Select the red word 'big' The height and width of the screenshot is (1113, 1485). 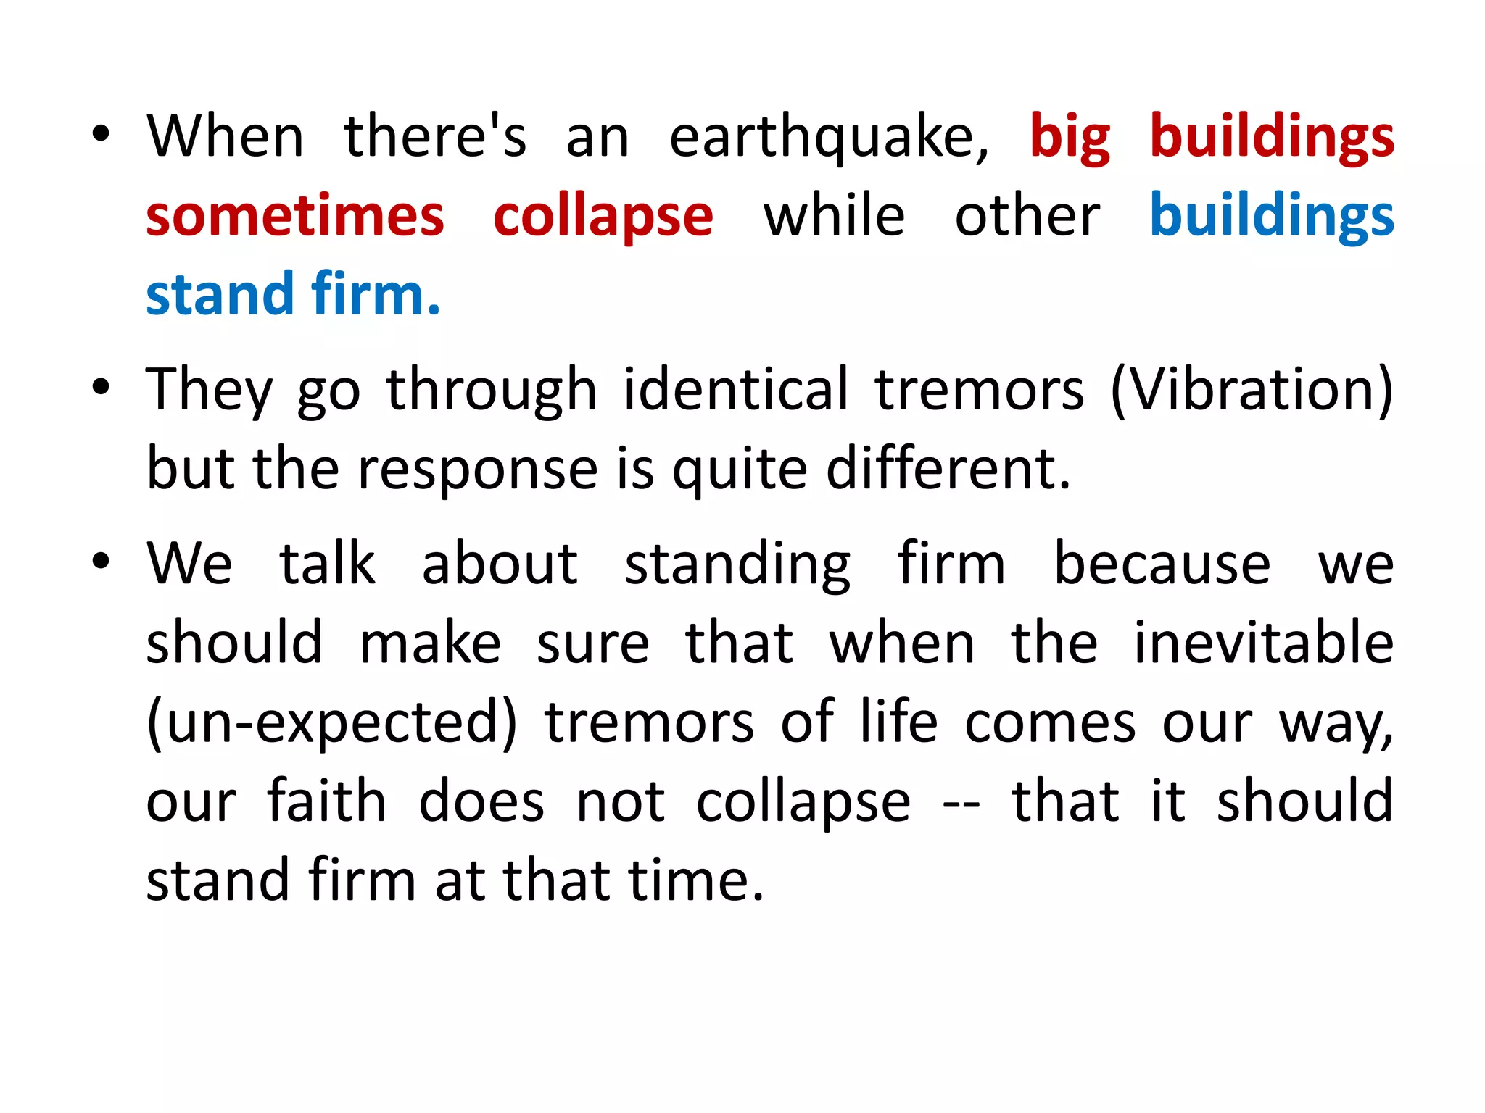tap(1070, 138)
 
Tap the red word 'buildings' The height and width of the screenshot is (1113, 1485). tap(1272, 138)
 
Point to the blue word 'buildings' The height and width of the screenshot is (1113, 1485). tap(1272, 217)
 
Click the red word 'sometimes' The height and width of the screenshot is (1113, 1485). tap(294, 217)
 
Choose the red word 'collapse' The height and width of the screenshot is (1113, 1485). tap(603, 218)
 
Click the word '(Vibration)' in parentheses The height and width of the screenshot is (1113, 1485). tap(1252, 391)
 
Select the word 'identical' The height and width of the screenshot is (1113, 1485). tap(735, 389)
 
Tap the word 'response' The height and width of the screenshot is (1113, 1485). tap(478, 470)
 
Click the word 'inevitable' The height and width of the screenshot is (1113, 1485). tap(1263, 643)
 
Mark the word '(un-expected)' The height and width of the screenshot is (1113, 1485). tap(332, 723)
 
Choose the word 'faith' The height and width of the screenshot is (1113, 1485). tap(327, 801)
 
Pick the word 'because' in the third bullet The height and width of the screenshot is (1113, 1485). tap(1162, 564)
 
